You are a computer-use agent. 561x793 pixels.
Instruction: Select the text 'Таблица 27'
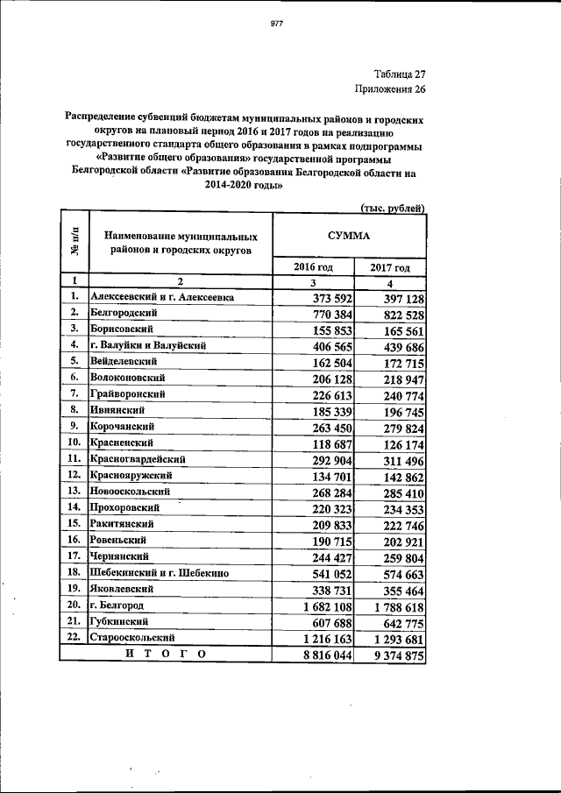[399, 74]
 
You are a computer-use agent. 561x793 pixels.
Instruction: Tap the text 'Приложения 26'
[390, 89]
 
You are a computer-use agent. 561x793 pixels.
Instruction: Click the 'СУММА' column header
[349, 236]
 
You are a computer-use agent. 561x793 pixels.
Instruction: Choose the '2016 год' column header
[312, 267]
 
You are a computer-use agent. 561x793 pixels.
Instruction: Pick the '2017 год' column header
[389, 267]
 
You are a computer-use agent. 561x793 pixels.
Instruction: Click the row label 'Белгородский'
[122, 313]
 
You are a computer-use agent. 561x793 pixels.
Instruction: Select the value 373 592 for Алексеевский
[325, 299]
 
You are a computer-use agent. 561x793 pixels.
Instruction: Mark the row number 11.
[75, 458]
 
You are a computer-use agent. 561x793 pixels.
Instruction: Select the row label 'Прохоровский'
[125, 506]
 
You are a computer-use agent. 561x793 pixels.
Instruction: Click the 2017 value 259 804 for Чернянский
[398, 556]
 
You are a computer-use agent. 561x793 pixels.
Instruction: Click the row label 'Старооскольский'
[132, 637]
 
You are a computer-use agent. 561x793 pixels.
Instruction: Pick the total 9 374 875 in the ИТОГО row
[392, 655]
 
